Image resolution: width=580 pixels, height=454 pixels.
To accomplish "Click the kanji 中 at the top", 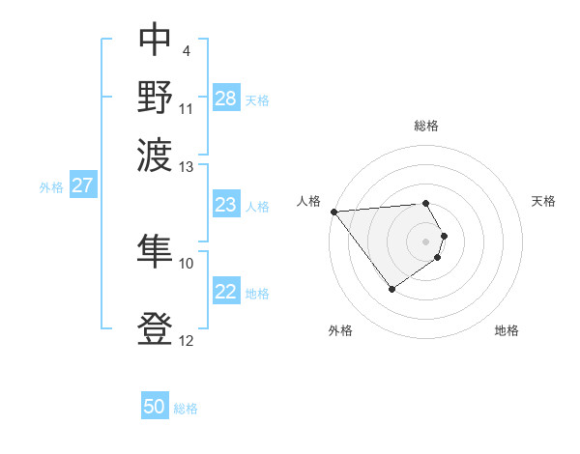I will (155, 41).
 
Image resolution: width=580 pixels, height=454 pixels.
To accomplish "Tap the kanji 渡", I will (155, 153).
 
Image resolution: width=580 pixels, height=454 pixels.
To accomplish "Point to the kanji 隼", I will (155, 250).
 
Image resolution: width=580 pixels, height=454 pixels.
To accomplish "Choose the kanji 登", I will (155, 328).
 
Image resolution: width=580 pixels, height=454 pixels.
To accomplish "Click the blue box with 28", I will (226, 99).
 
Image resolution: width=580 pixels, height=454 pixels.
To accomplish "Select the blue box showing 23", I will (225, 205).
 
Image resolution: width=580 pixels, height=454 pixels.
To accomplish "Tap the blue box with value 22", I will (225, 292).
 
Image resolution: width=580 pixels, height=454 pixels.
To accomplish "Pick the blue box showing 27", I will (82, 185).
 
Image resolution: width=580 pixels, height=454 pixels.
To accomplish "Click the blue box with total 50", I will (155, 407).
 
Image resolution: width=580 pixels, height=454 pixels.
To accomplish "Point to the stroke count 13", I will (187, 167).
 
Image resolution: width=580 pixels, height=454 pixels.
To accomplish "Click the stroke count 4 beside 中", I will (186, 49).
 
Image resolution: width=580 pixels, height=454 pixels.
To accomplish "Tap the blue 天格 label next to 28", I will (257, 99).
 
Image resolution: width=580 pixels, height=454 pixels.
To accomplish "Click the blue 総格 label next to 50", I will (186, 409).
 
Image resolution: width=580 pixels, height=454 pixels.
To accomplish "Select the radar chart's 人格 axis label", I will (309, 201).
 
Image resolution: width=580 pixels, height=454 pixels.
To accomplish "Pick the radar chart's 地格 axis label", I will (507, 330).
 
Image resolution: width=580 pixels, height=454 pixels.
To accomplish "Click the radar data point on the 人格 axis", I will (333, 212).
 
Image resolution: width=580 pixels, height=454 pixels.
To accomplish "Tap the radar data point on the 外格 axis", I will (391, 289).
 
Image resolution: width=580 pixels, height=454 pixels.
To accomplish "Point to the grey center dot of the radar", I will (425, 241).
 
